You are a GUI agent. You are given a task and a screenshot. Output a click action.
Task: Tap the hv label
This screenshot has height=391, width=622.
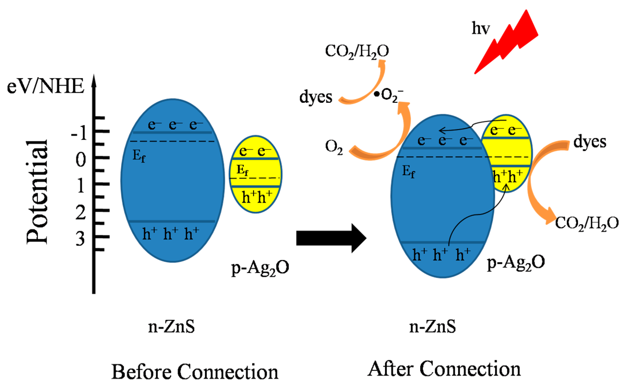[480, 28]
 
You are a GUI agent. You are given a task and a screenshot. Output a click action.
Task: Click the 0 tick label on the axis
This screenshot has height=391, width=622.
[81, 160]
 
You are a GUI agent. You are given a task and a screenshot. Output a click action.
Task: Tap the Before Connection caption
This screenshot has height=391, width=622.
[195, 372]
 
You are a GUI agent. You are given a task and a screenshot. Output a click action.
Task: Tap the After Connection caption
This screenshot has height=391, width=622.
[444, 369]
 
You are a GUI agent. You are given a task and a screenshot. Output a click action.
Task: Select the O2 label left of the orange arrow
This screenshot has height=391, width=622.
[334, 147]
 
